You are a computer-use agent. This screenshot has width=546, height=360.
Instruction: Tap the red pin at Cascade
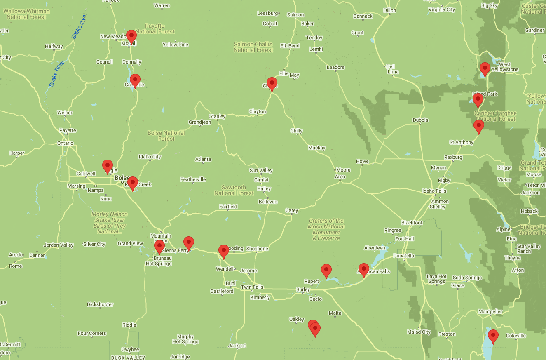[135, 81]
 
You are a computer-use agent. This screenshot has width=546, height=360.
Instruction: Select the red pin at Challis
[272, 84]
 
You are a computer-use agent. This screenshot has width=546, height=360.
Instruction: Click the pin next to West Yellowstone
[485, 69]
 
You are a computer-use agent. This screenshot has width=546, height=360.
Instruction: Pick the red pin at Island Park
[478, 100]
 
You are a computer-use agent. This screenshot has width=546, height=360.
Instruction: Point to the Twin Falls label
[252, 287]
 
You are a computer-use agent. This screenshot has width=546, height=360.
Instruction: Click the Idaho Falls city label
[434, 191]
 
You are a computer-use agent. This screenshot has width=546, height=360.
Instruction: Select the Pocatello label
[403, 256]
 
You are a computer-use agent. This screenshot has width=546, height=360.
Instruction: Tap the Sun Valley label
[261, 170]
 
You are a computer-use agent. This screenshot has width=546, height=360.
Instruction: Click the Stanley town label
[217, 116]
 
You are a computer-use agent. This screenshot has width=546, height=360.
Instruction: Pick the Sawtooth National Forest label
[234, 190]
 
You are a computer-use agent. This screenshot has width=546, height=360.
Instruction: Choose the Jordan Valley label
[59, 245]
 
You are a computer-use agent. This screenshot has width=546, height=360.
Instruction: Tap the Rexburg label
[453, 157]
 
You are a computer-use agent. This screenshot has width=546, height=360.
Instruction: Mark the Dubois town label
[420, 120]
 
